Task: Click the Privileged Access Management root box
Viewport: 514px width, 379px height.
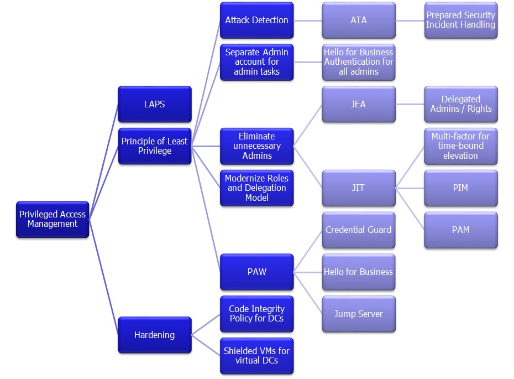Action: [53, 219]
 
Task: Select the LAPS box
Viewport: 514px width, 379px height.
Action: [155, 104]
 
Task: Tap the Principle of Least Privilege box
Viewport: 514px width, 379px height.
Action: [155, 146]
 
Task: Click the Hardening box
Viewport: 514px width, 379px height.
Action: [155, 335]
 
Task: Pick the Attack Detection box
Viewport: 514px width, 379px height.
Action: [256, 20]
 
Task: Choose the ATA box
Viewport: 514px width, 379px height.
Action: [359, 20]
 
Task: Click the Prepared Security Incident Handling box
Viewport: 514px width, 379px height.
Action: [461, 20]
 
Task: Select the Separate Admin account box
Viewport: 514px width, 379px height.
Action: [256, 62]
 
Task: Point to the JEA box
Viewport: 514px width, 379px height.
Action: [359, 104]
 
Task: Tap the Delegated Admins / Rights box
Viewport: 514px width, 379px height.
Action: [461, 104]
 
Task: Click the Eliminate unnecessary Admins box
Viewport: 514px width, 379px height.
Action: [256, 146]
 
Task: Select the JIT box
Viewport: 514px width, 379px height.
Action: [359, 188]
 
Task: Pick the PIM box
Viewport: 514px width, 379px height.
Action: [461, 188]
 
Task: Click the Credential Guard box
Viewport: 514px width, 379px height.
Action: [359, 230]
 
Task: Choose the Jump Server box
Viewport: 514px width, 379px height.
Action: [359, 314]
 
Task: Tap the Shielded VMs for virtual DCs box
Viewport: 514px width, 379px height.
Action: [256, 356]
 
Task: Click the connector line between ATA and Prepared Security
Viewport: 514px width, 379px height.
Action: [410, 20]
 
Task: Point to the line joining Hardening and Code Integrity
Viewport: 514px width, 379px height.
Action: [206, 325]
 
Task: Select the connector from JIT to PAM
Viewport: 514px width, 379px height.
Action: [410, 209]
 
